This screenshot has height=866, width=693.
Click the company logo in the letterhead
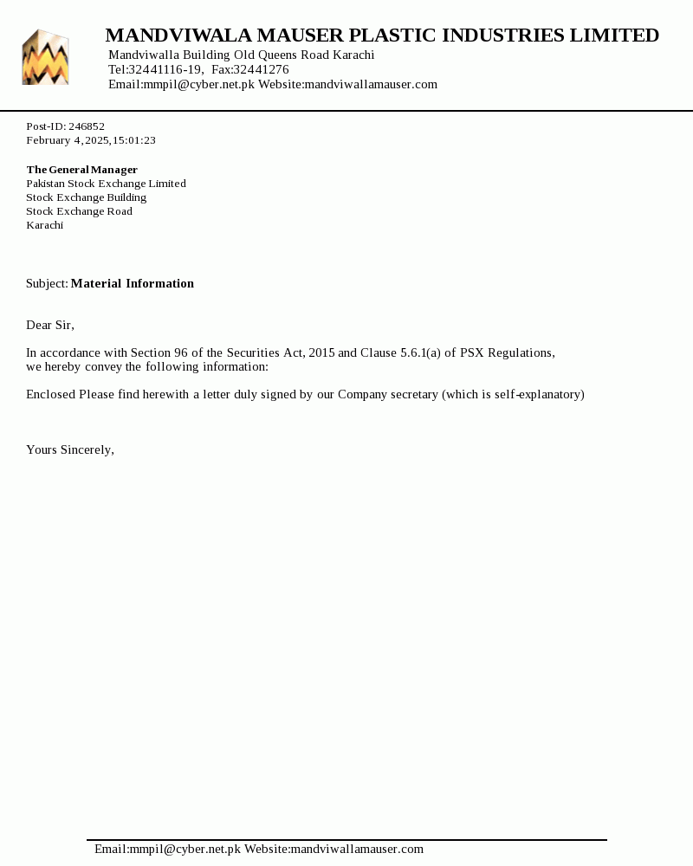tap(45, 57)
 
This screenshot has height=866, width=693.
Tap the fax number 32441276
tap(261, 69)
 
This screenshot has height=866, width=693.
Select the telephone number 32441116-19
tap(165, 69)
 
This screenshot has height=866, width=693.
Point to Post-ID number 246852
tap(87, 126)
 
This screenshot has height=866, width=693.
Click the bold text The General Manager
tap(81, 170)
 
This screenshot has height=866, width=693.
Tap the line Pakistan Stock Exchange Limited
tap(106, 184)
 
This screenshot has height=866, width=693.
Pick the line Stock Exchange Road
tap(79, 211)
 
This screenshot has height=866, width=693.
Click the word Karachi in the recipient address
tap(44, 225)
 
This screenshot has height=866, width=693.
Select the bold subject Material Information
tap(133, 283)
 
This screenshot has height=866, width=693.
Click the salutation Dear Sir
tap(49, 325)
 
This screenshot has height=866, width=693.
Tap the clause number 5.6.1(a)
tap(420, 352)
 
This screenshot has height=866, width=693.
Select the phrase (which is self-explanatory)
tap(513, 394)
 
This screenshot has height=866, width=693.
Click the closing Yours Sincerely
tap(69, 449)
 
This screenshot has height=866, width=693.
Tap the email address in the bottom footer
tap(167, 849)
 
